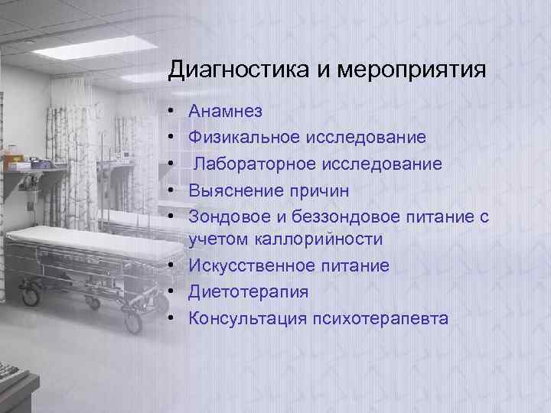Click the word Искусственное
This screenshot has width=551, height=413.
click(x=253, y=266)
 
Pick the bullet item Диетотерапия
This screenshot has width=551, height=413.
click(x=249, y=292)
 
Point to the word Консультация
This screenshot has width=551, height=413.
click(x=247, y=318)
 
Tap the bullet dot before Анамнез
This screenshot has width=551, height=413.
click(x=175, y=112)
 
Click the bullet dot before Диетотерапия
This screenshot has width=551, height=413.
click(x=175, y=292)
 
